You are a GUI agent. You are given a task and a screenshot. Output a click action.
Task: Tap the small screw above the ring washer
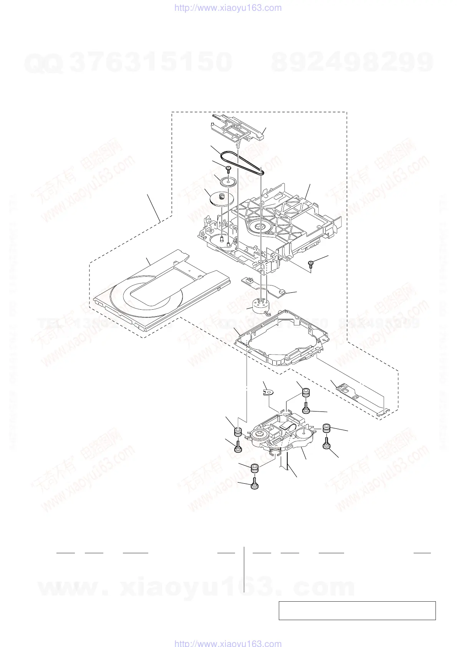tap(228, 168)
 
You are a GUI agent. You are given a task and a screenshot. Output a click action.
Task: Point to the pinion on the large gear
tap(221, 197)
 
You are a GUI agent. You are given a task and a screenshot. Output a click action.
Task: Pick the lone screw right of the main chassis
tap(311, 263)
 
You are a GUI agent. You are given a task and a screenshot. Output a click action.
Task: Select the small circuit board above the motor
tap(265, 287)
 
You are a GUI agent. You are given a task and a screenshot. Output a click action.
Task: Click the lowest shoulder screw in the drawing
tap(255, 485)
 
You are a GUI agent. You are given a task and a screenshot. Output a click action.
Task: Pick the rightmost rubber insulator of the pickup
tap(326, 428)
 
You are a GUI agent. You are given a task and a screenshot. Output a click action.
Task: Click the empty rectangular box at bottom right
tap(357, 611)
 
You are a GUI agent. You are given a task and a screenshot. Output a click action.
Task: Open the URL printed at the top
tap(228, 8)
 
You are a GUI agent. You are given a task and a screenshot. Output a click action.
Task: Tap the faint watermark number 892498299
tap(353, 62)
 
